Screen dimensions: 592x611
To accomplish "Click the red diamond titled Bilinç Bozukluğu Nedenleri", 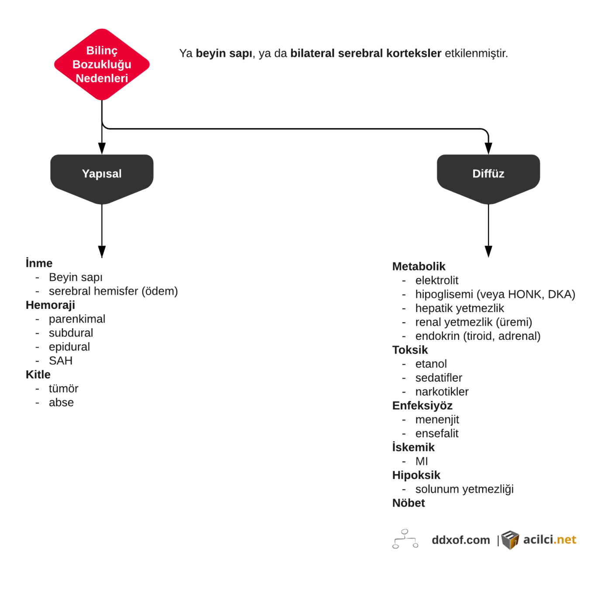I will pos(102,64).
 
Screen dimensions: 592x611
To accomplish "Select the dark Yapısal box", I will pos(102,175).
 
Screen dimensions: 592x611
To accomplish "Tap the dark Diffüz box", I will pos(488,175).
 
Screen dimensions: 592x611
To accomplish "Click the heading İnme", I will pos(39,263).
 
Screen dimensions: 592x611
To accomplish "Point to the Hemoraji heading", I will pos(50,305).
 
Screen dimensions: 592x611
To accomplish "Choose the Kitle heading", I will pos(38,375).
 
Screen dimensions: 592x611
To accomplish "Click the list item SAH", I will pos(61,361).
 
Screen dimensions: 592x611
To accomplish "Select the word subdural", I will pos(71,333).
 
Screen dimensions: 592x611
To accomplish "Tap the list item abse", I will pos(61,403).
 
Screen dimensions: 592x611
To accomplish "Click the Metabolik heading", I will pos(419,267).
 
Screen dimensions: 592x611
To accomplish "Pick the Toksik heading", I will pos(410,350).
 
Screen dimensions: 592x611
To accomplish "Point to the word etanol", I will pos(431,364).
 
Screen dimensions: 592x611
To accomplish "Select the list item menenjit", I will pos(437,420).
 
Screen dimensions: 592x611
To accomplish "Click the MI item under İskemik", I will pos(422,461).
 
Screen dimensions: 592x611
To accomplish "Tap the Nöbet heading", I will pos(408,503).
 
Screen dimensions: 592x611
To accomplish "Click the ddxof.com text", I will pos(460,540).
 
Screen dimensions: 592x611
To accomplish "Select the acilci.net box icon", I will pos(510,540).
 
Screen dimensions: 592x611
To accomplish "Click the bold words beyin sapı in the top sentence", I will pos(224,53).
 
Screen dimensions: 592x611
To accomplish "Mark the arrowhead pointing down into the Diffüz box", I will pos(488,148).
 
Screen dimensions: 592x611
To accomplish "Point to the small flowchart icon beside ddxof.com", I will pos(405,539).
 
